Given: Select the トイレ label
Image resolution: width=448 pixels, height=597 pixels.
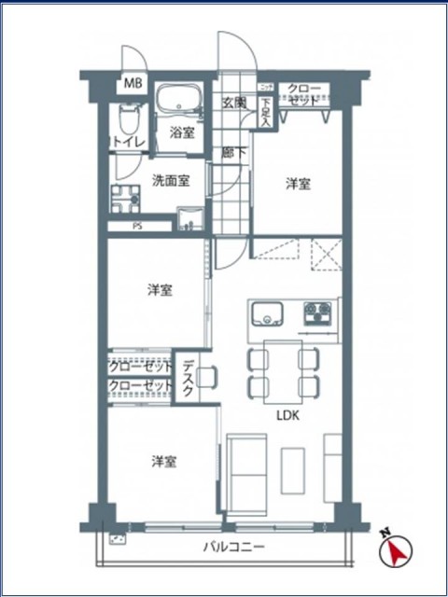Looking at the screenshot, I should coord(126,141).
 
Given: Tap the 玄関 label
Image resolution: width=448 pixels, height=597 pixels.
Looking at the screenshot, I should coord(233,103).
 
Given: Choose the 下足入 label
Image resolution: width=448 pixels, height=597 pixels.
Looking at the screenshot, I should coord(265,112).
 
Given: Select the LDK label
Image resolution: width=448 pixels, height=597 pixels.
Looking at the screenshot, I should coord(286,416).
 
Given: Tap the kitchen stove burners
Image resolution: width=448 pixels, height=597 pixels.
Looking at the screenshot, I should coord(315,312).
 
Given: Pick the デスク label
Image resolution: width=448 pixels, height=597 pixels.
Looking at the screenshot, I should coord(188,380).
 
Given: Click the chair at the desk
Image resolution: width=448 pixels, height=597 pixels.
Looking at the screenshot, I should coord(207,377).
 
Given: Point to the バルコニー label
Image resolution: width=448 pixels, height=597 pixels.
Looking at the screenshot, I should coord(234,548).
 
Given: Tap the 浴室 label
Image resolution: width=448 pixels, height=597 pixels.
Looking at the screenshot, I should coord(182,132).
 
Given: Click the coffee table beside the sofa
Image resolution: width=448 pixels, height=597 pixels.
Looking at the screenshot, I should coord(294,471).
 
